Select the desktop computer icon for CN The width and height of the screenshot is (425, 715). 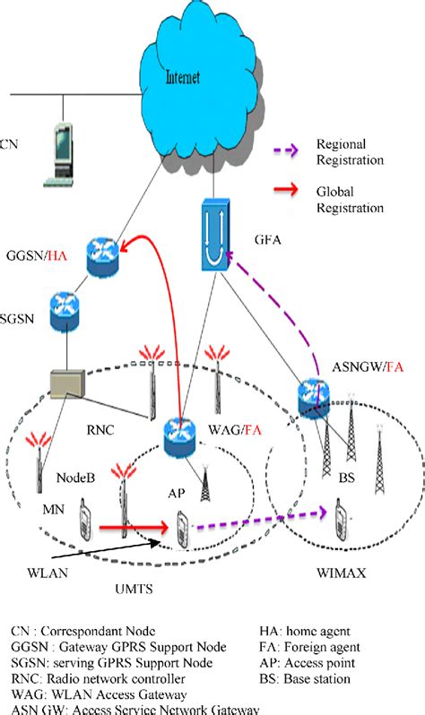click(x=61, y=156)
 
